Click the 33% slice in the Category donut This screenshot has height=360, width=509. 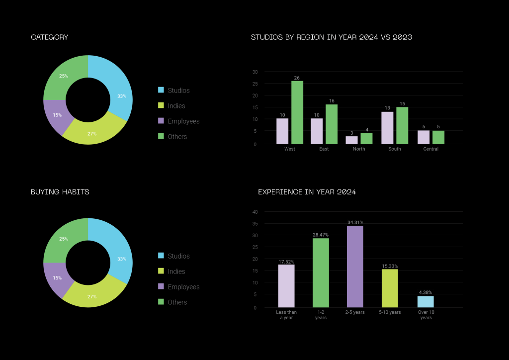[119, 90]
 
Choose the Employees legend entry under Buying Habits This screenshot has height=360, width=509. [183, 287]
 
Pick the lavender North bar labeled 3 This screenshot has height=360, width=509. [351, 140]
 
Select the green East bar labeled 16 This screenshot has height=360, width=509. [332, 124]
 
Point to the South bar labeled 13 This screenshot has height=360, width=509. [387, 128]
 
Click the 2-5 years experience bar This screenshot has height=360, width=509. [355, 267]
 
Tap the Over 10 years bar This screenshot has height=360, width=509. [425, 302]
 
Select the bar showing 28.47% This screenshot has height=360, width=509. [321, 273]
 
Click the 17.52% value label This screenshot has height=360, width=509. [286, 261]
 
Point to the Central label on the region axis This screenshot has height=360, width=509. [431, 149]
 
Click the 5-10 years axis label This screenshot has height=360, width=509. [390, 312]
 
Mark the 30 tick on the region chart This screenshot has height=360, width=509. [255, 72]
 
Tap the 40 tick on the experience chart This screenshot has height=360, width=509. [255, 212]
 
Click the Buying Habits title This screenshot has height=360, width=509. [60, 192]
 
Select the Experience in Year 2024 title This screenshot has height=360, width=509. [307, 192]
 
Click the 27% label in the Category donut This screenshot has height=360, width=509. [92, 134]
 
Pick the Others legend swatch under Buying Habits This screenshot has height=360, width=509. [161, 302]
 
